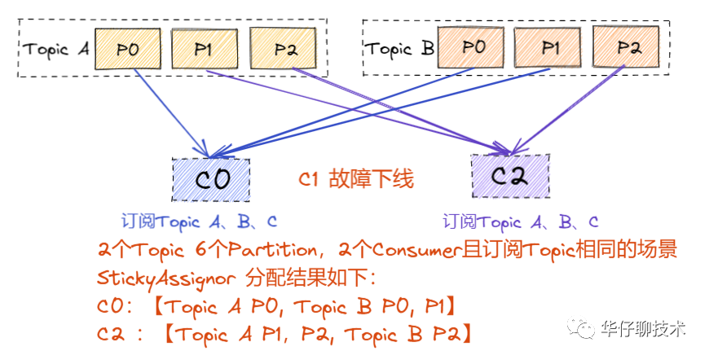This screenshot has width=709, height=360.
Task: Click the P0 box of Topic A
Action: (128, 50)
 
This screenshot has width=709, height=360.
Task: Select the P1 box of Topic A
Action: (204, 50)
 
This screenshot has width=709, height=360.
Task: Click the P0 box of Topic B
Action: (473, 47)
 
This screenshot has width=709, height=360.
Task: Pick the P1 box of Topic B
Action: (550, 47)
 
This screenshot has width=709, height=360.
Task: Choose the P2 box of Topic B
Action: (627, 47)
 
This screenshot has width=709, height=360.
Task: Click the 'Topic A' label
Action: (56, 49)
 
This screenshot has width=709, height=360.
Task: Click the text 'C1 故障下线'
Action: (356, 181)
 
